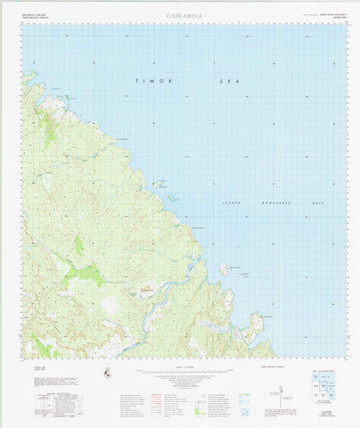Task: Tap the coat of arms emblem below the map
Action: tap(108, 373)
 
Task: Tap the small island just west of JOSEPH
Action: tap(158, 185)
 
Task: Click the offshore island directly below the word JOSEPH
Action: tap(225, 267)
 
